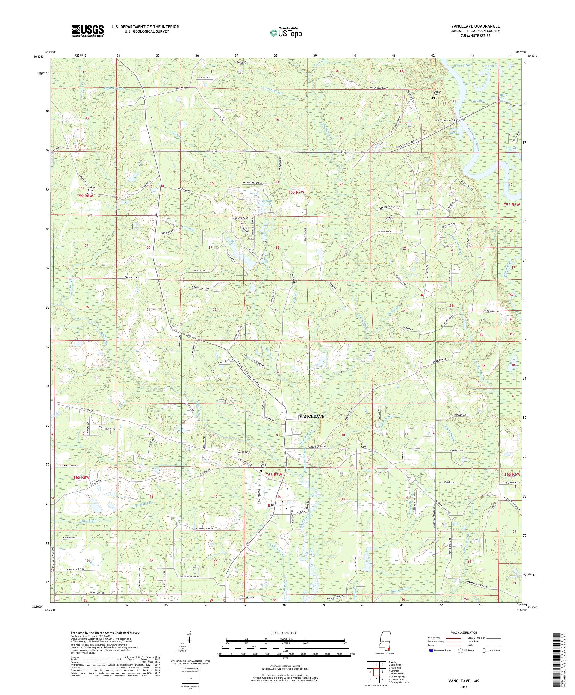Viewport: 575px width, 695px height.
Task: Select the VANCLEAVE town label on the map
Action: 312,417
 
